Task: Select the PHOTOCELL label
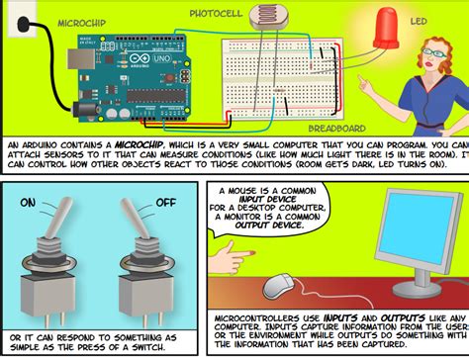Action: [x=221, y=14]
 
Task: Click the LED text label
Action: [x=420, y=21]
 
